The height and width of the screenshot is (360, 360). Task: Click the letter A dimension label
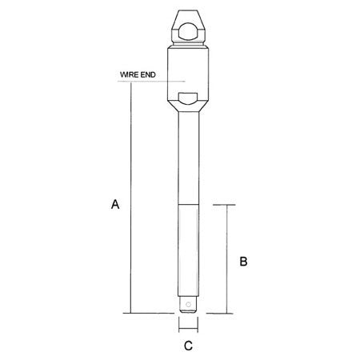tap(116, 206)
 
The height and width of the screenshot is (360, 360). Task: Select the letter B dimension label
tap(246, 261)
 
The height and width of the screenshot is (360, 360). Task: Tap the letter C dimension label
tap(188, 346)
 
